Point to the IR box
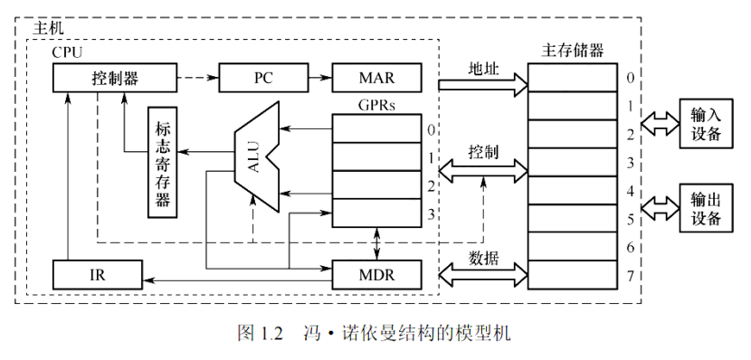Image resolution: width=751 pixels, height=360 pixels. (x=97, y=271)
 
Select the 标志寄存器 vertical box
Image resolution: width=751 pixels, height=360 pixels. (x=163, y=162)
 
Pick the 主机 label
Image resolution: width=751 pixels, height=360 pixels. (x=49, y=29)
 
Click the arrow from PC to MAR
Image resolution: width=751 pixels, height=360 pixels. (x=315, y=78)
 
